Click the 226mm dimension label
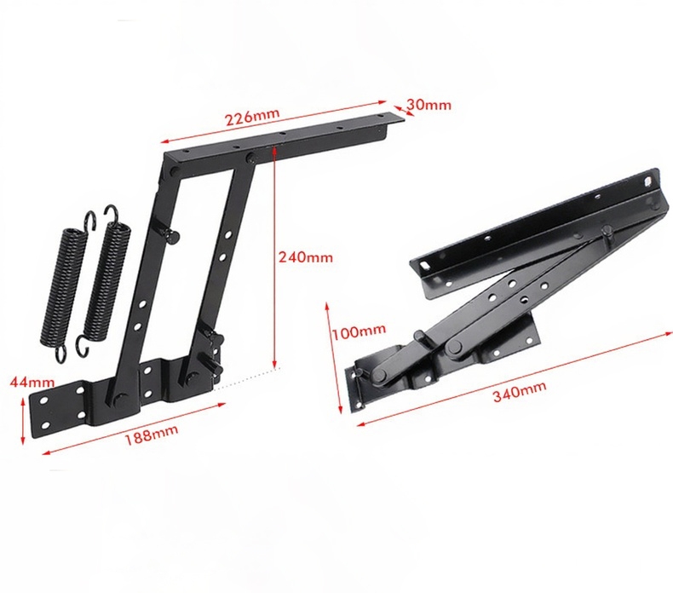[252, 116]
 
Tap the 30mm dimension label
[429, 105]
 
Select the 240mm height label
[306, 257]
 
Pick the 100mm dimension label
[360, 331]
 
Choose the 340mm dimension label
[520, 390]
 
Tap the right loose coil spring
[104, 280]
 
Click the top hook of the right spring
[112, 212]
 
